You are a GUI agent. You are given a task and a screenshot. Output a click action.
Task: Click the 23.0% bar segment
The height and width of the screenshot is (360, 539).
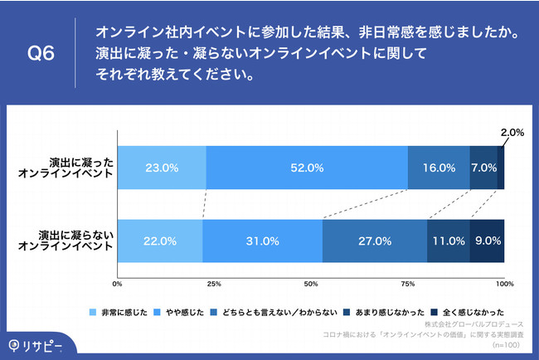[162, 168]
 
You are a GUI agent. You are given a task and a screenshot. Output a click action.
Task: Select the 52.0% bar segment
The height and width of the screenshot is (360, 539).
[307, 168]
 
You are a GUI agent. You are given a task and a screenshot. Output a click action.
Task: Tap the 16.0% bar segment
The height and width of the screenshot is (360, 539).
[439, 168]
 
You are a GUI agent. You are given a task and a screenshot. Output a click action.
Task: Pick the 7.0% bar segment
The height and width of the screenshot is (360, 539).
[483, 168]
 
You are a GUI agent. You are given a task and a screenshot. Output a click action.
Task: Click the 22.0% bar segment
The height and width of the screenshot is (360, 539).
[159, 241]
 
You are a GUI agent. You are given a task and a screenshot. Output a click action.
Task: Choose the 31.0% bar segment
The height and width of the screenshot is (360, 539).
[262, 241]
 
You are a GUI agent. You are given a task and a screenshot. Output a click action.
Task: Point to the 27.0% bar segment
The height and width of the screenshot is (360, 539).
[374, 241]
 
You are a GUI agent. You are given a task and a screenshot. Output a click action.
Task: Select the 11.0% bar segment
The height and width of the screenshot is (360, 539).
[448, 241]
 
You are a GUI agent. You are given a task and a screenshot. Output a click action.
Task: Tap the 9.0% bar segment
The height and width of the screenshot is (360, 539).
[487, 241]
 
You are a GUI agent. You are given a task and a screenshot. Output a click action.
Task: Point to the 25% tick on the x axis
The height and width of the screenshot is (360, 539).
[214, 284]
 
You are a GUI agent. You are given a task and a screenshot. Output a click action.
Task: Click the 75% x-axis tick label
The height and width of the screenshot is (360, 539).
[407, 284]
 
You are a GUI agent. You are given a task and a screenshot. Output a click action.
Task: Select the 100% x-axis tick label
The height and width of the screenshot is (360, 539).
[504, 284]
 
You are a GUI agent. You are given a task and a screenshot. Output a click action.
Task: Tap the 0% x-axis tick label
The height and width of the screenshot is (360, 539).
[118, 284]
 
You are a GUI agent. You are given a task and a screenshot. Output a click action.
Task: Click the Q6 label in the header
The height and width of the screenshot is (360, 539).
[41, 54]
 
